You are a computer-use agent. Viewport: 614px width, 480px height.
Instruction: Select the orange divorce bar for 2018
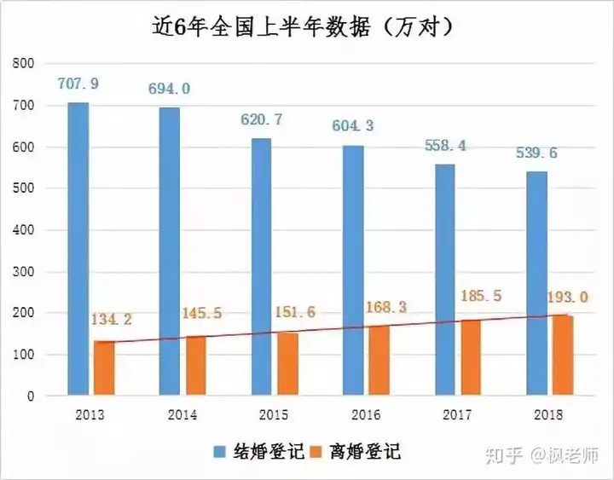click(x=562, y=356)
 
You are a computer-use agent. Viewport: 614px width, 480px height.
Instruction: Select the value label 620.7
click(x=262, y=120)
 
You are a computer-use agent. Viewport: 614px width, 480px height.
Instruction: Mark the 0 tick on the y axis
click(x=31, y=396)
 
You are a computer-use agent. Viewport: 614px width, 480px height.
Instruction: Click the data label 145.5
click(x=202, y=314)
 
